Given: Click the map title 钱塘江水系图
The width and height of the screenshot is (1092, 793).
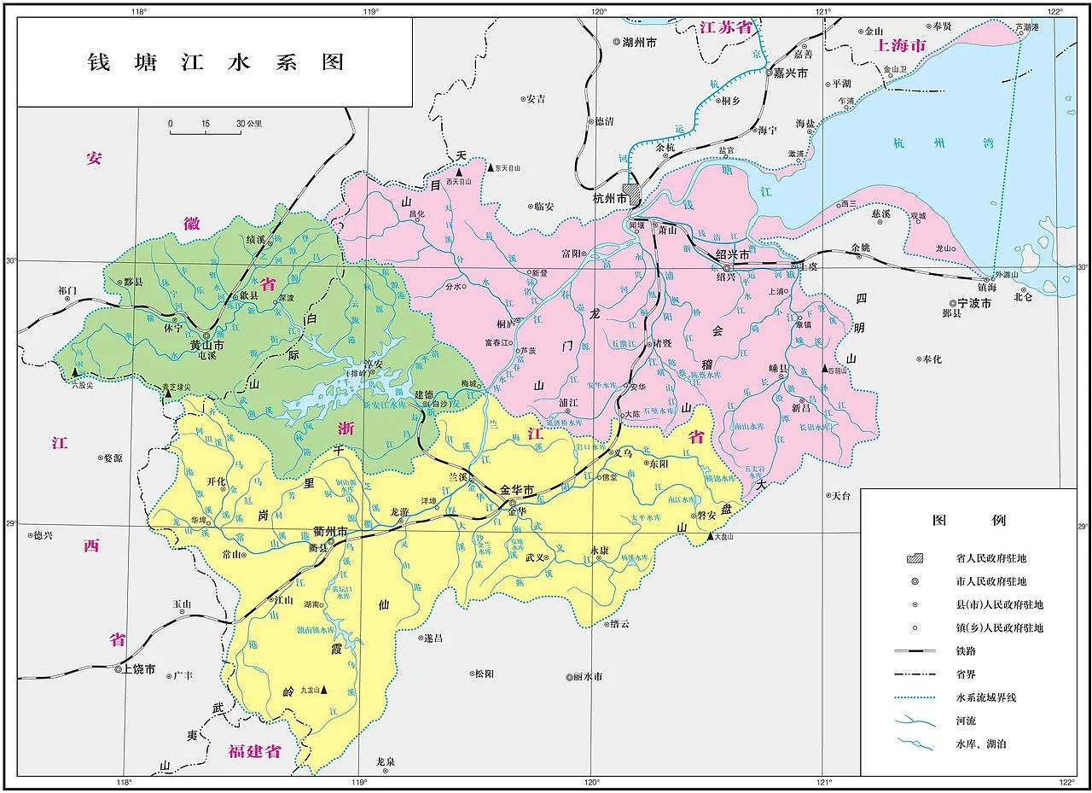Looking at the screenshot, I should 216,62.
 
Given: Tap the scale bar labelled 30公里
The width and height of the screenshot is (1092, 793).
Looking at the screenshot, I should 205,131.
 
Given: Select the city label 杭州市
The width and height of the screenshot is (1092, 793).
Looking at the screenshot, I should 610,198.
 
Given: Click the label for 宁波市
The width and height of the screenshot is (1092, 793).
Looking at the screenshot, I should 973,303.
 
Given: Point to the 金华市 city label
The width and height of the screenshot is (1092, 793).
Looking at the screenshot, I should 516,490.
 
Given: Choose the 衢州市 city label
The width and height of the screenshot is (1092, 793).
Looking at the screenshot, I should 330,531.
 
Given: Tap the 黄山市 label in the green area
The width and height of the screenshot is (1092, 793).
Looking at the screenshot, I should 206,346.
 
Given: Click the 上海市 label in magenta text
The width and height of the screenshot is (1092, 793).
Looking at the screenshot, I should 900,44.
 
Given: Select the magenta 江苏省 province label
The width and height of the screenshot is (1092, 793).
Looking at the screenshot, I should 726,27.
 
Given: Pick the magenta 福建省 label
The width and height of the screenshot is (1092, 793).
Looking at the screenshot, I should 254,751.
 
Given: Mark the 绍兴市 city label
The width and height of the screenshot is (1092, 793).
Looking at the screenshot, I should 732,254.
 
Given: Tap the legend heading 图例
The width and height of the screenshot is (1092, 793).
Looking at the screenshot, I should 968,520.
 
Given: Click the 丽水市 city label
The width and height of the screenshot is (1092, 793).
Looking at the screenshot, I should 586,677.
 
